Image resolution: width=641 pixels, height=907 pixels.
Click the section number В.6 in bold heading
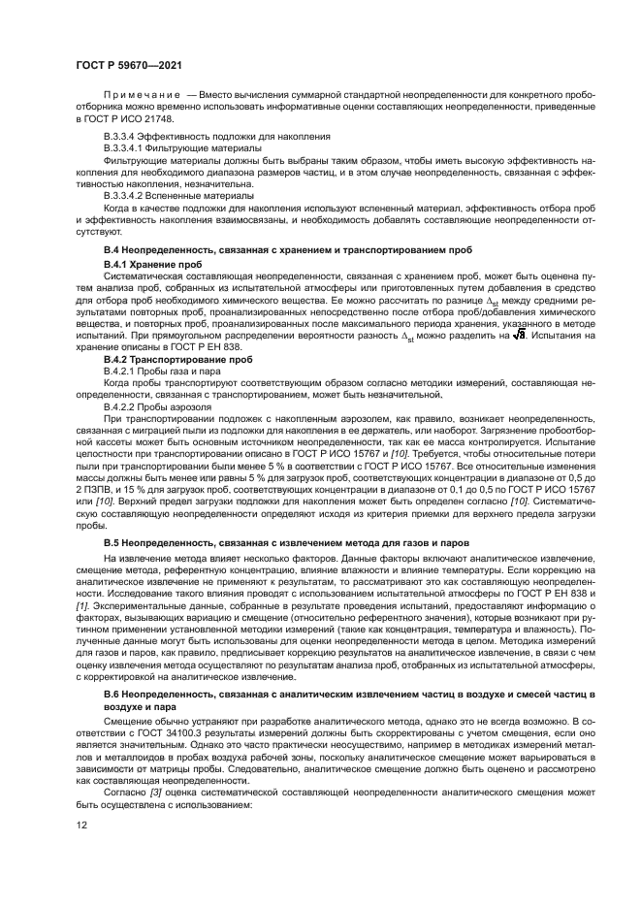(112, 697)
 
